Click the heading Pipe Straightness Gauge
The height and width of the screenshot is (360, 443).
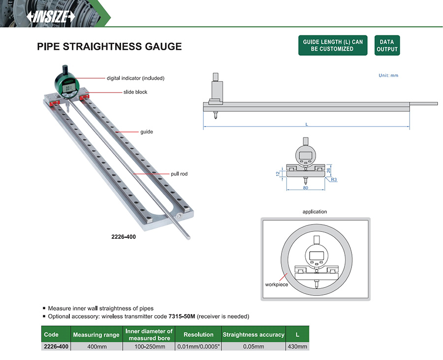click(x=109, y=47)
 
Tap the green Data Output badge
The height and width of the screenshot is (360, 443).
click(x=387, y=45)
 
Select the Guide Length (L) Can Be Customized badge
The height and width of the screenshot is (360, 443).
click(x=332, y=45)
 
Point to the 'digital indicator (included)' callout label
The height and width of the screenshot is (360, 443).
click(x=135, y=78)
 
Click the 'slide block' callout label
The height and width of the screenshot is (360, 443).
click(x=135, y=92)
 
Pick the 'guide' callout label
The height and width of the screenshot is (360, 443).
click(x=146, y=132)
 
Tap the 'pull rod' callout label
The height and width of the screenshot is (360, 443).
click(x=180, y=174)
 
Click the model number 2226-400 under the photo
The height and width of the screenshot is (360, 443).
click(x=124, y=236)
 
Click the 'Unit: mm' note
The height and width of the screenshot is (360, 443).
click(x=388, y=75)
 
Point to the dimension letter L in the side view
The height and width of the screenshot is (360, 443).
click(x=307, y=125)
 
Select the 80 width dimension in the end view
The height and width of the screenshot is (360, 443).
click(x=305, y=188)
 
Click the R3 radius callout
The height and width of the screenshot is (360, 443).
click(x=333, y=180)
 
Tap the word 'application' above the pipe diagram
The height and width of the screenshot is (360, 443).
click(x=315, y=212)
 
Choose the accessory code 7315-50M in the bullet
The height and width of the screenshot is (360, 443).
click(x=183, y=316)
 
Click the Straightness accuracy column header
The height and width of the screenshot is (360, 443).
click(x=253, y=334)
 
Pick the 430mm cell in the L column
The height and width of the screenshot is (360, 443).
click(x=297, y=347)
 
